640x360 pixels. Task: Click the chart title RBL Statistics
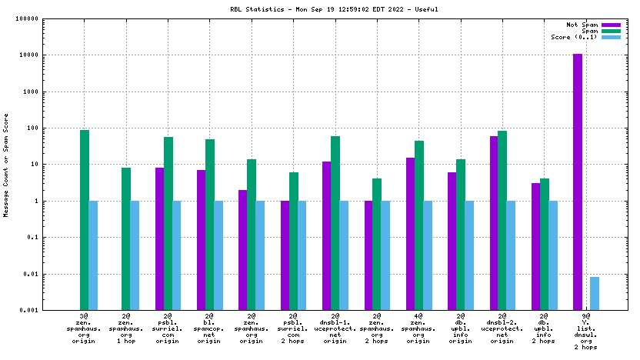pyautogui.click(x=319, y=9)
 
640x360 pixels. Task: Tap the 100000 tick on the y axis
pyautogui.click(x=48, y=19)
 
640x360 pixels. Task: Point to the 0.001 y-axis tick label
pyautogui.click(x=50, y=310)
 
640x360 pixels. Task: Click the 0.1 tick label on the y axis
pyautogui.click(x=54, y=238)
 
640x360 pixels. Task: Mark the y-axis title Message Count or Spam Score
pyautogui.click(x=7, y=165)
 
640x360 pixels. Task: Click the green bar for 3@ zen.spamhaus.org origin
pyautogui.click(x=85, y=219)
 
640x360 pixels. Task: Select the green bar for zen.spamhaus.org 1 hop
pyautogui.click(x=126, y=238)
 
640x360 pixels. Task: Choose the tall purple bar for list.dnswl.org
pyautogui.click(x=578, y=182)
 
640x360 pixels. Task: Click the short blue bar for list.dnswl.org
pyautogui.click(x=595, y=293)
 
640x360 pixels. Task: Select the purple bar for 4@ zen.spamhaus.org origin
pyautogui.click(x=410, y=234)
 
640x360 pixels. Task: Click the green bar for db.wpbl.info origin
pyautogui.click(x=461, y=235)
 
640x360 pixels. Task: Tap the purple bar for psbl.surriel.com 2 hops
pyautogui.click(x=285, y=255)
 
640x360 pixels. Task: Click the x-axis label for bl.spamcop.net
pyautogui.click(x=209, y=329)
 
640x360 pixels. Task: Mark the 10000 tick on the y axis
pyautogui.click(x=51, y=55)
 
